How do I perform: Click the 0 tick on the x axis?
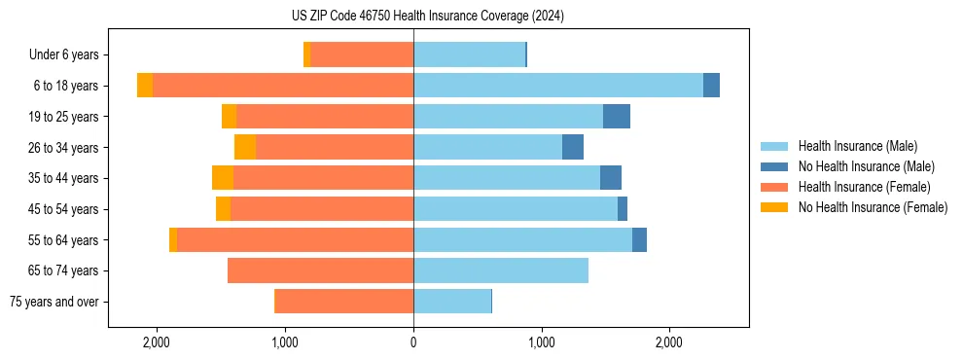tap(413, 342)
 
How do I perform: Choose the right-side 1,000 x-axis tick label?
tap(541, 342)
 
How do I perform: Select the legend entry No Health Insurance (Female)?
tap(873, 207)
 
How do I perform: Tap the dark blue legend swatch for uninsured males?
tap(774, 166)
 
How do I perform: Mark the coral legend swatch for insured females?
tap(774, 187)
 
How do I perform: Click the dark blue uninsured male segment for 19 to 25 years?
tap(617, 117)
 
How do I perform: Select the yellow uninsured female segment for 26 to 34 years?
tap(245, 148)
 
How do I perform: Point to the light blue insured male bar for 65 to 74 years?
tap(501, 270)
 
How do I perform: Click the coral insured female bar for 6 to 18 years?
tap(283, 86)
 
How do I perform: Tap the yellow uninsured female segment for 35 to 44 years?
tap(223, 178)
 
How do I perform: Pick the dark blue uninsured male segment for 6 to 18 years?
tap(711, 86)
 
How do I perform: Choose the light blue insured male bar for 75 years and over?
tap(452, 302)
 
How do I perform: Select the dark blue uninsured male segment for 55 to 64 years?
tap(639, 240)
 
